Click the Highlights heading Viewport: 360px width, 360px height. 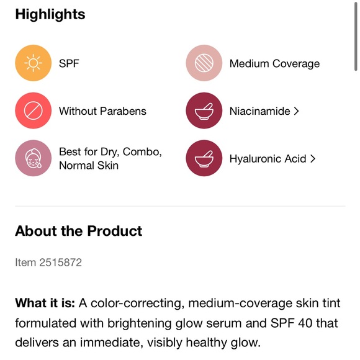click(50, 14)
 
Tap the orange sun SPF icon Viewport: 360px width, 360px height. click(32, 63)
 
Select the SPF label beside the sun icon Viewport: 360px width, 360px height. click(69, 63)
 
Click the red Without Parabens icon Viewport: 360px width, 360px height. click(32, 111)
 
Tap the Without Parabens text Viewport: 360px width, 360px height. click(102, 111)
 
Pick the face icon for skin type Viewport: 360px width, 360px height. click(32, 158)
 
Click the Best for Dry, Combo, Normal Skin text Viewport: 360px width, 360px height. click(110, 158)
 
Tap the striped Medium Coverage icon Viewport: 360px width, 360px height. click(204, 63)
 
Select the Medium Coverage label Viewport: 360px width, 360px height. click(274, 63)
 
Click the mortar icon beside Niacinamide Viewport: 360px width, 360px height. click(204, 111)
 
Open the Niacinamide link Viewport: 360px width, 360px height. click(259, 111)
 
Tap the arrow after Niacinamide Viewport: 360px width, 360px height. click(296, 111)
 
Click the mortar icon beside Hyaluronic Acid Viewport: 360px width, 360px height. click(204, 158)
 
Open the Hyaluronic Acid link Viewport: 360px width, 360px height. click(268, 158)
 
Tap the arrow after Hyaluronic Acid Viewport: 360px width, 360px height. click(312, 158)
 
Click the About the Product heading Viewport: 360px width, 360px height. click(79, 231)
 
